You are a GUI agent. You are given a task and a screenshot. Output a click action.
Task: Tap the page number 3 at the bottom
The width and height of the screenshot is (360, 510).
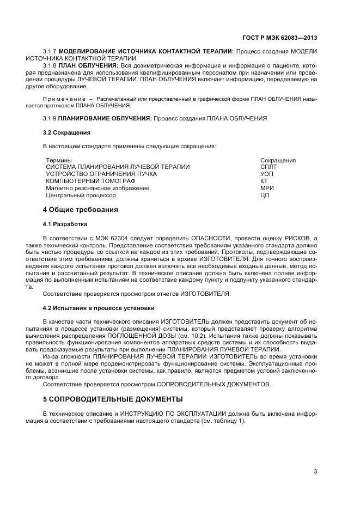(315, 471)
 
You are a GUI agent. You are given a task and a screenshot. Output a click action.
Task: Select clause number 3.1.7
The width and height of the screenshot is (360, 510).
(50, 51)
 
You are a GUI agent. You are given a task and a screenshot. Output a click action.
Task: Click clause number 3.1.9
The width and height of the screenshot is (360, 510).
(50, 118)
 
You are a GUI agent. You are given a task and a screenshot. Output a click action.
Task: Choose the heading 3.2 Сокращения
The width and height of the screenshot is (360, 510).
(66, 132)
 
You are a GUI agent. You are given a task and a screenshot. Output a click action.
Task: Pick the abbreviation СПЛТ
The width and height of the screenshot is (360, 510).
(269, 167)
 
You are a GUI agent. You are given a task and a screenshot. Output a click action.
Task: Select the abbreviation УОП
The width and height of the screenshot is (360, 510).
(267, 174)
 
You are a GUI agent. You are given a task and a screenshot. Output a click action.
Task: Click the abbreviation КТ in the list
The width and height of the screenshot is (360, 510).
(264, 181)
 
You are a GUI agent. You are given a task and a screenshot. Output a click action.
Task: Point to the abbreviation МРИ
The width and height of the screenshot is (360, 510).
(267, 188)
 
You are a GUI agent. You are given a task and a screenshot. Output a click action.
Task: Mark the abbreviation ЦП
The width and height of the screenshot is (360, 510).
(265, 195)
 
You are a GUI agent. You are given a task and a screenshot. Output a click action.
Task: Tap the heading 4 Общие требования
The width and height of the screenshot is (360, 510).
(80, 210)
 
